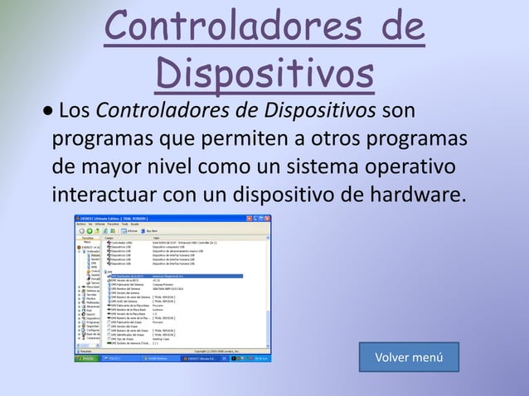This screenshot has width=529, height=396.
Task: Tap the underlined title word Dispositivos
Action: [x=264, y=74]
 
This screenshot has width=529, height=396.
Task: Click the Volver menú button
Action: [x=409, y=358]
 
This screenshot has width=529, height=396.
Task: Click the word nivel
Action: [x=198, y=167]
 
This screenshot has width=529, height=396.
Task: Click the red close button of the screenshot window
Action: [x=273, y=218]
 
